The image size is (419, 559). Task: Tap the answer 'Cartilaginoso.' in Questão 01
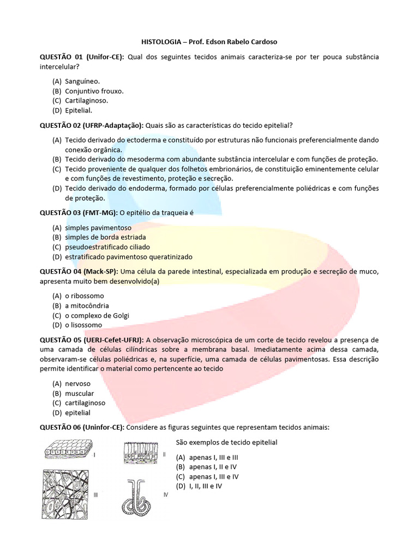(x=86, y=100)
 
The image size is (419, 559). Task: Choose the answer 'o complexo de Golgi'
(x=97, y=316)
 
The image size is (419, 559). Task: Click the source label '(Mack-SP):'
(x=101, y=271)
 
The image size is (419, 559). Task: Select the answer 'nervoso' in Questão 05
(x=78, y=384)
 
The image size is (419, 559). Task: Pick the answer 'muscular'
(x=80, y=394)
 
